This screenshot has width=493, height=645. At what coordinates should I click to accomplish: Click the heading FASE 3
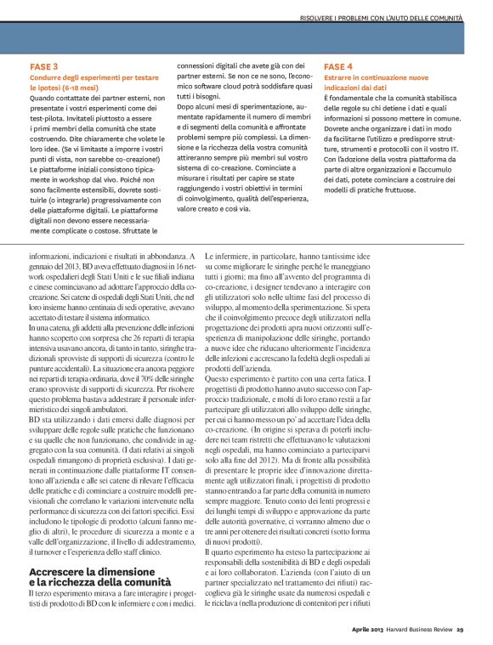click(x=43, y=65)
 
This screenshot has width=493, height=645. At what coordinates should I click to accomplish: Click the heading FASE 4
click(x=338, y=65)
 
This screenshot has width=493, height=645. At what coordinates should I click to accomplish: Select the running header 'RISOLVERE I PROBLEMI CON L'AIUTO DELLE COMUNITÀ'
click(x=381, y=18)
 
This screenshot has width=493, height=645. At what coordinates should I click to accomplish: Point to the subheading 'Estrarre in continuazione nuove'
click(x=372, y=76)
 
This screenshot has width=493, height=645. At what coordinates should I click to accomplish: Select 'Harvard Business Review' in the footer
click(x=421, y=629)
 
